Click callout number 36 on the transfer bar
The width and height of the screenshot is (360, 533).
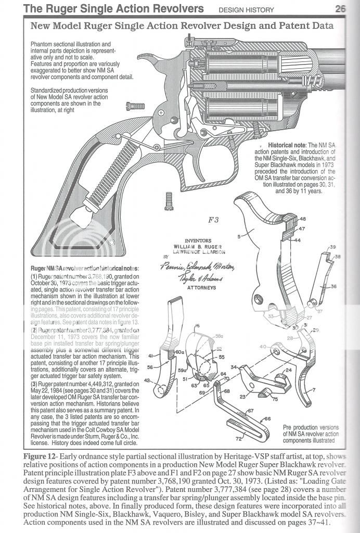pyautogui.click(x=333, y=286)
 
